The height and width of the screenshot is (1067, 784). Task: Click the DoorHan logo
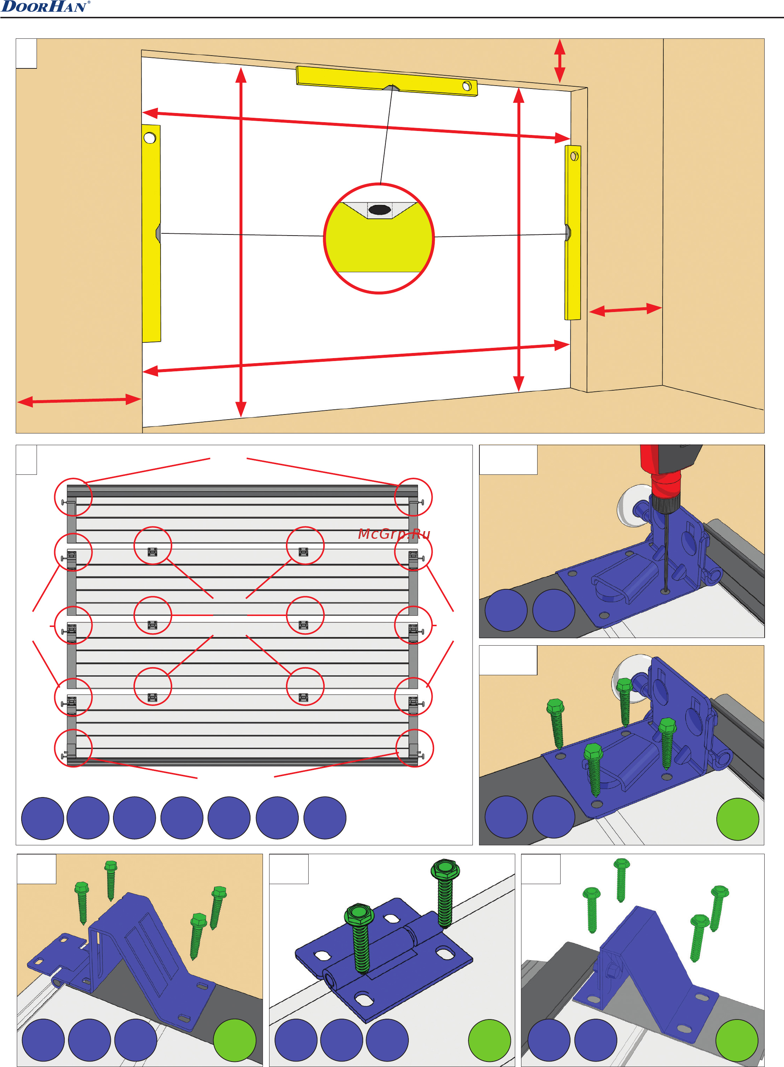click(45, 7)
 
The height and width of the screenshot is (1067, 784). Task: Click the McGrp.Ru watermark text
click(393, 534)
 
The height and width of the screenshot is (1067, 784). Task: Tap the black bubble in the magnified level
click(379, 209)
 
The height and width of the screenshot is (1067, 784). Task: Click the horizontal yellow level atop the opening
click(387, 81)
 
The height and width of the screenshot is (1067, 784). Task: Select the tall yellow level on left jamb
click(151, 233)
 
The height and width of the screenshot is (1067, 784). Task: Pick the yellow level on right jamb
click(573, 233)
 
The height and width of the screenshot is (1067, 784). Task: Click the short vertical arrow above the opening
click(559, 61)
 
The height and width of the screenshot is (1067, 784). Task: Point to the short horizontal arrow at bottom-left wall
click(79, 401)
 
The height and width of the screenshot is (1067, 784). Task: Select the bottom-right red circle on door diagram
click(414, 748)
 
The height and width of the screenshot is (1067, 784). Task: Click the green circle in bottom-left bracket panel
click(234, 1040)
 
